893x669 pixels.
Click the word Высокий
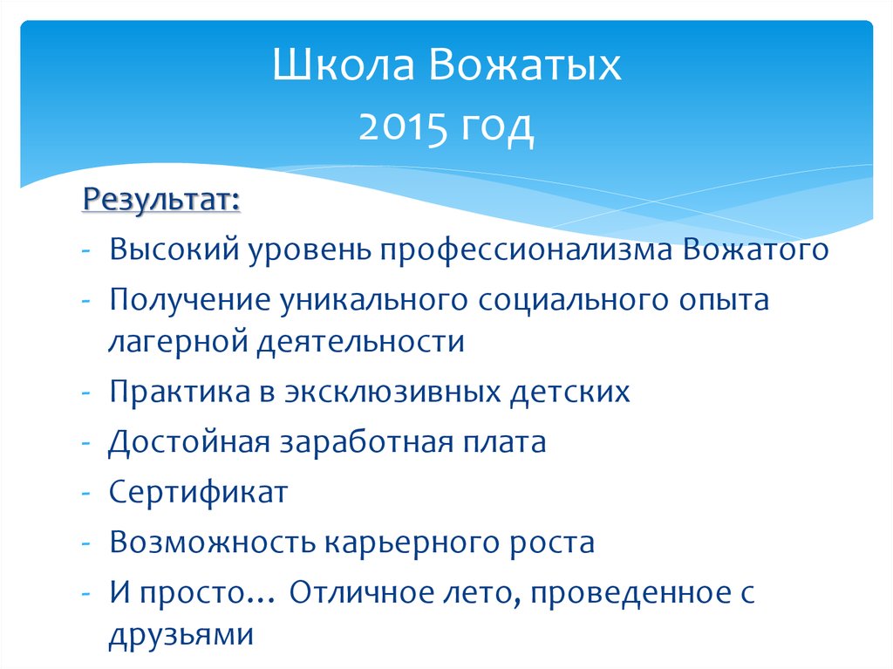pyautogui.click(x=174, y=250)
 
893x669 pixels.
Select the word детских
pyautogui.click(x=568, y=391)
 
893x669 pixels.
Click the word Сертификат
pyautogui.click(x=198, y=492)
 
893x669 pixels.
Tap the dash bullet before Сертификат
pyautogui.click(x=88, y=493)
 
